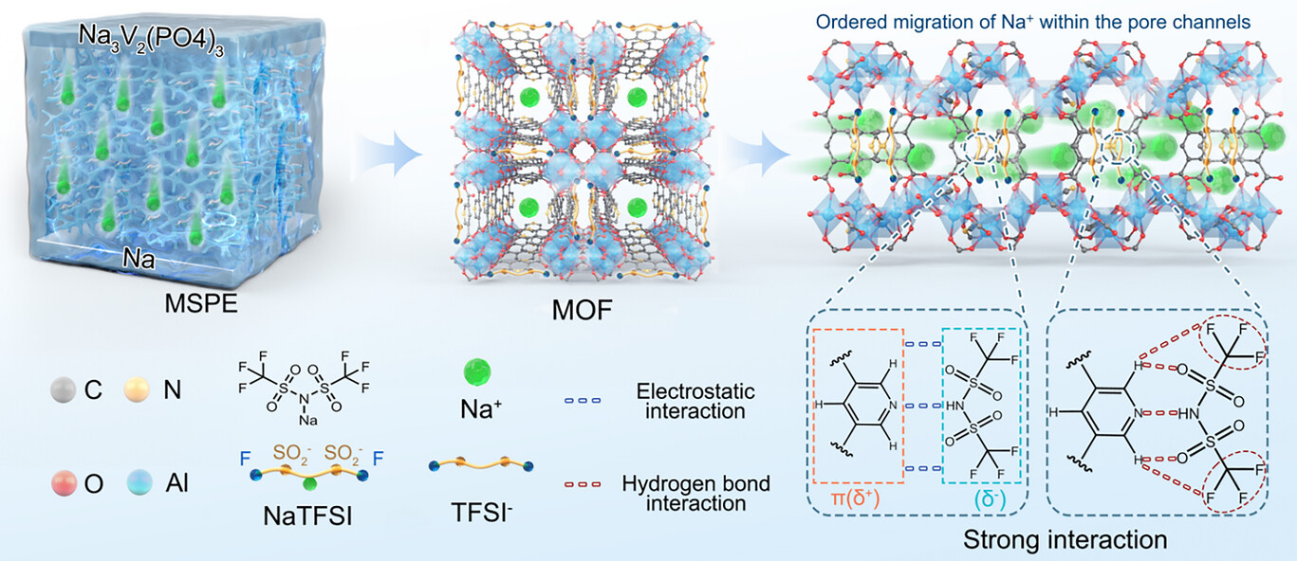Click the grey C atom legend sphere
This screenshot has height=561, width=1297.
(x=64, y=389)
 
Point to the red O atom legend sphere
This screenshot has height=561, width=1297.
(x=64, y=484)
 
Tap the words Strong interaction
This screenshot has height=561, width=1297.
(x=1064, y=541)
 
